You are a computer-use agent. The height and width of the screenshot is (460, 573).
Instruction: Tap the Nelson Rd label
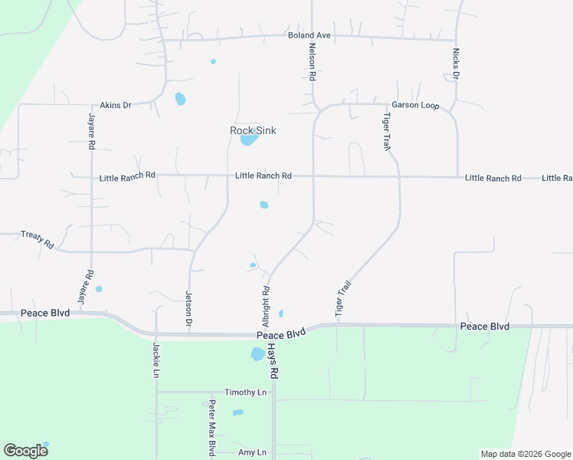coord(313,62)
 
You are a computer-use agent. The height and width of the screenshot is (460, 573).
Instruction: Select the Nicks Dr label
coord(456,64)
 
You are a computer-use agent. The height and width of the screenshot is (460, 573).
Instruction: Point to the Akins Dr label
coord(116,105)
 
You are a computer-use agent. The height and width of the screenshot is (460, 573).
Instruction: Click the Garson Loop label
coord(415,105)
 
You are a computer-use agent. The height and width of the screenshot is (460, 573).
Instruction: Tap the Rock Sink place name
coord(253,130)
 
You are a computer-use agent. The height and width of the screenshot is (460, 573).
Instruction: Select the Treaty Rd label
coord(38,239)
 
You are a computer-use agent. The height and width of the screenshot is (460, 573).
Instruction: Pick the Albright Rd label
coord(266,301)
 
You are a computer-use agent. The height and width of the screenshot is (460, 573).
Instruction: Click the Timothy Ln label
coord(245,393)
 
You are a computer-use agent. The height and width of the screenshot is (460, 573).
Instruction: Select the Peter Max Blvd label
coord(212,428)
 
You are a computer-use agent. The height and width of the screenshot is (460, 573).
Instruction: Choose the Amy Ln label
coord(252,452)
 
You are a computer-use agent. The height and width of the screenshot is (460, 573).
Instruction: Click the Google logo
coord(25,451)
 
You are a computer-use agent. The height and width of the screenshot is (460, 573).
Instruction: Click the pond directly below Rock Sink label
coord(247,140)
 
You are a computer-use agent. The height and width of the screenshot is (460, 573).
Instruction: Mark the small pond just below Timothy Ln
coord(237,412)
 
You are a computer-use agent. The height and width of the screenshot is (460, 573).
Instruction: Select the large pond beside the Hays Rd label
coord(257,354)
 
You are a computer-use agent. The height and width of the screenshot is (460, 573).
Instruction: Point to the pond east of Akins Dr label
coord(180,99)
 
